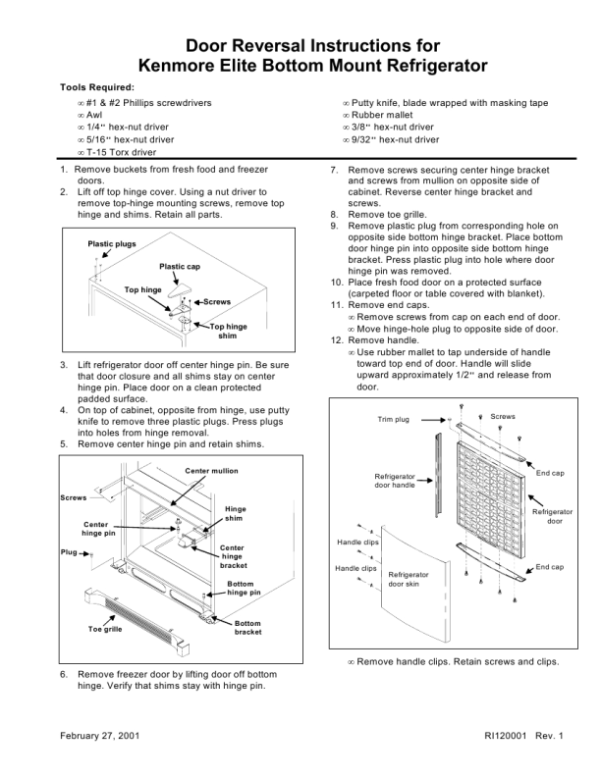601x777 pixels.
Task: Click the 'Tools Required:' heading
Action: pos(97,87)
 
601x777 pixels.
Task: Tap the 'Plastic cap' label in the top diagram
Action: pos(180,267)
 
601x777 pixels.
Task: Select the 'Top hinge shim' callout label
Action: pos(228,331)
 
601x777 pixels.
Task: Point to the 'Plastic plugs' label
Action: pos(112,243)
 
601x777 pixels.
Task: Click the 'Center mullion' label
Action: pos(211,471)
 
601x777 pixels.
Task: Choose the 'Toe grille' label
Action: pos(105,629)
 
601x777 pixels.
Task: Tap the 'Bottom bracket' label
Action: pos(247,628)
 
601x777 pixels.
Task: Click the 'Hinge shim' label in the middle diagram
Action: pos(236,513)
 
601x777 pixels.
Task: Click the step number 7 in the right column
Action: pos(334,170)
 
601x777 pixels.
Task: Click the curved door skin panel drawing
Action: pos(412,589)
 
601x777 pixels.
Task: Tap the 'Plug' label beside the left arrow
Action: pos(69,552)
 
